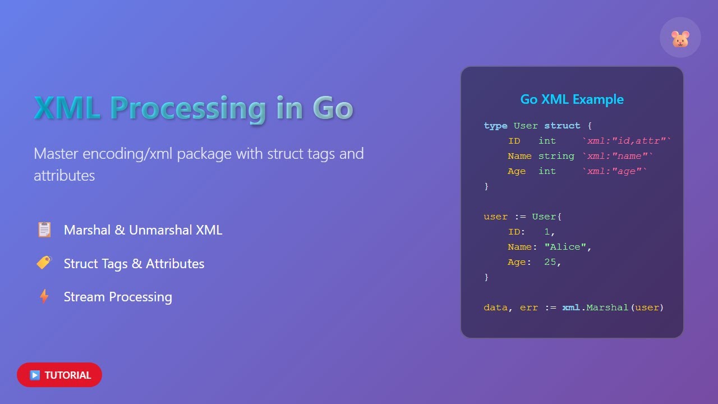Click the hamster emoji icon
coord(680,38)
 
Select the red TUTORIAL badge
coord(59,375)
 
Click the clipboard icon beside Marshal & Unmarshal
coord(44,229)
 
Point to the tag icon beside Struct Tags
coord(44,263)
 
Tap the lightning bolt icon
coord(44,296)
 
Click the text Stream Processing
coord(118,297)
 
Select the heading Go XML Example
coord(572,99)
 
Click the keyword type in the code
coord(495,126)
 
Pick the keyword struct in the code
coord(562,126)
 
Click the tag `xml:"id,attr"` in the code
coord(626,141)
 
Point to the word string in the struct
coord(556,156)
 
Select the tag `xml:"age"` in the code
coord(614,171)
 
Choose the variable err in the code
coord(528,307)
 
